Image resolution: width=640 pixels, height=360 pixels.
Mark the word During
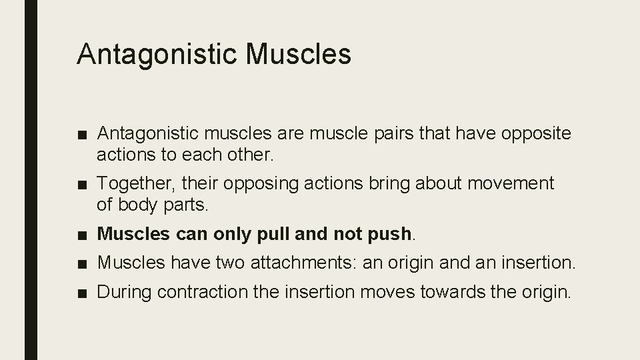pos(122,293)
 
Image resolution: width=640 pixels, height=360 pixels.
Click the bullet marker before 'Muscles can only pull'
pos(81,233)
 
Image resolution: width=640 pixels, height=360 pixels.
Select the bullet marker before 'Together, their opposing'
pos(81,183)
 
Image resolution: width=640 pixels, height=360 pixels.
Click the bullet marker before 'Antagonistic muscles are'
pos(81,134)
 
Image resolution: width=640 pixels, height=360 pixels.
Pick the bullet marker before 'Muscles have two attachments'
pos(81,263)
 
